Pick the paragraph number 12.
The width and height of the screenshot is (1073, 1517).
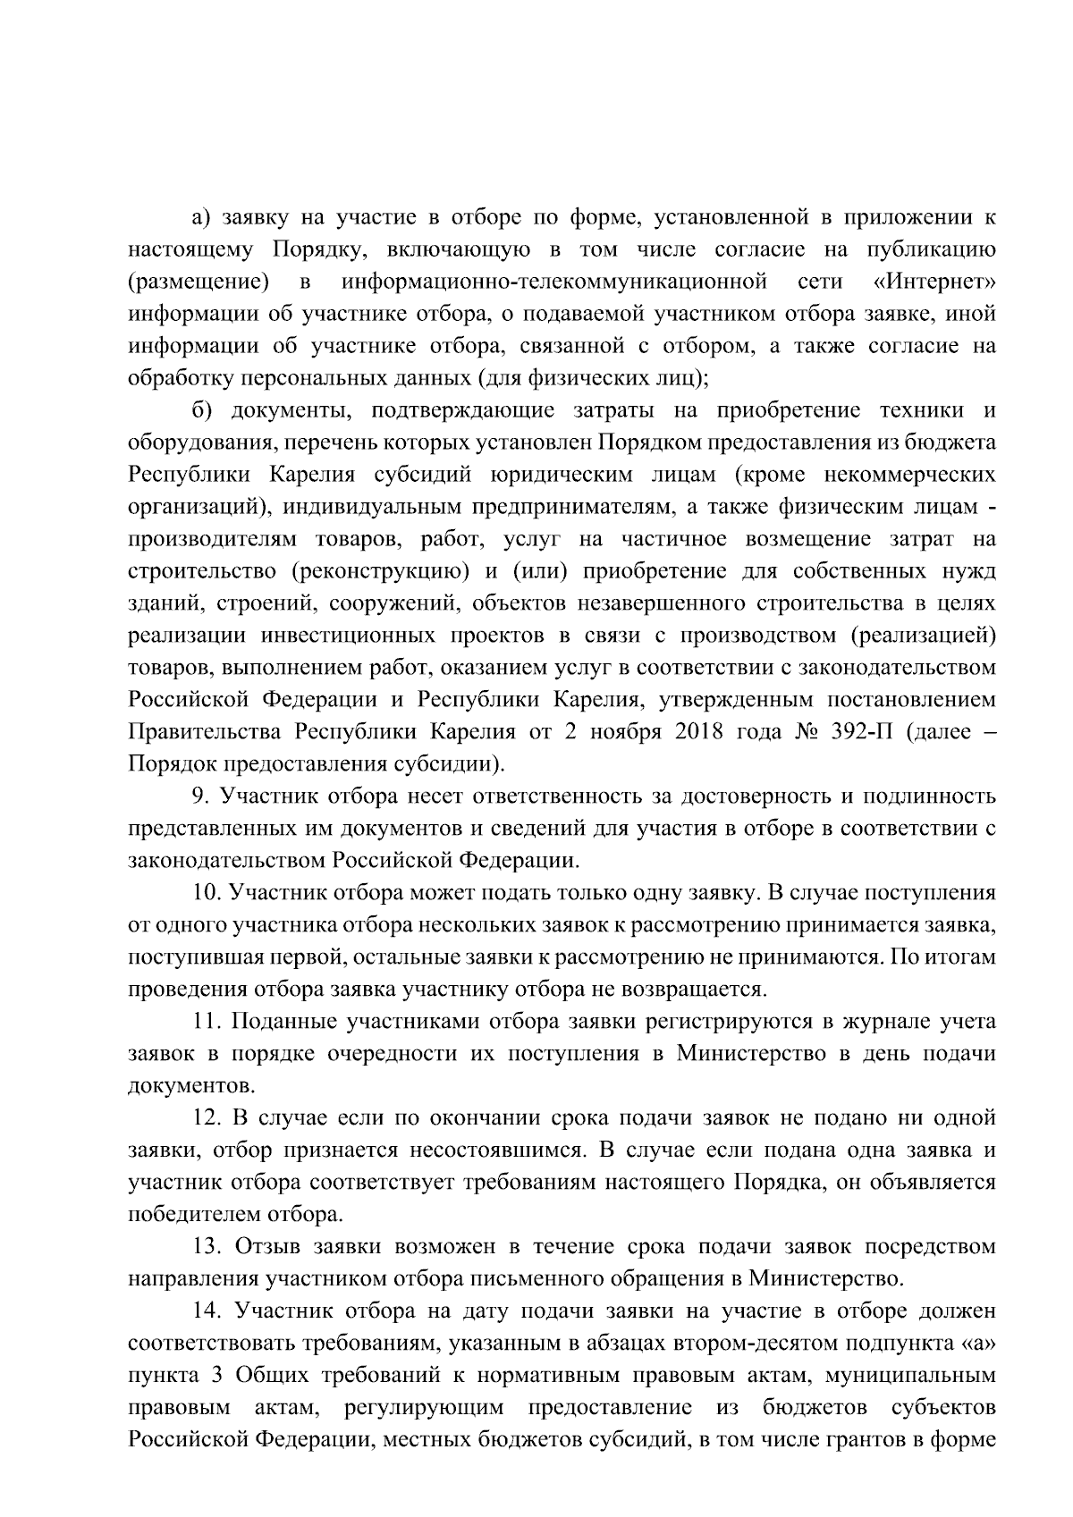tap(207, 1117)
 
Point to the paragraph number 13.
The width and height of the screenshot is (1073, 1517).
tap(207, 1246)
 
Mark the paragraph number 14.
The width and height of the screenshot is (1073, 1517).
tap(207, 1311)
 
